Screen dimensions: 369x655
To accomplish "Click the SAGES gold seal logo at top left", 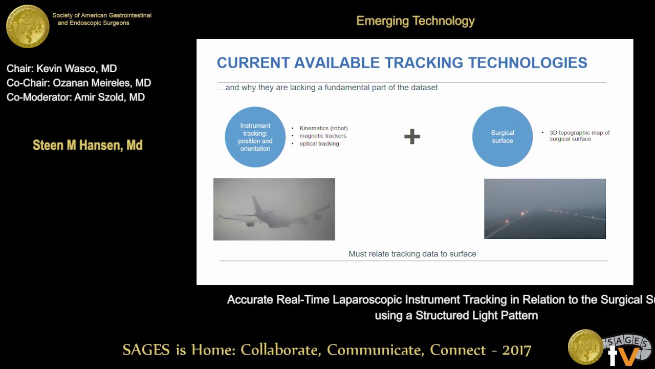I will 28,26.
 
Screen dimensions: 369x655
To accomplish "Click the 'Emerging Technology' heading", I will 415,21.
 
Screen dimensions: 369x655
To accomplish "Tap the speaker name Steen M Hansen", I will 88,146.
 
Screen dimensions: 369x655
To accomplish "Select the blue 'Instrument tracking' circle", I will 255,137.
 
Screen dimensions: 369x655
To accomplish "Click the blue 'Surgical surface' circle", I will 502,137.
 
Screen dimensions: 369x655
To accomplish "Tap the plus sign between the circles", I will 412,136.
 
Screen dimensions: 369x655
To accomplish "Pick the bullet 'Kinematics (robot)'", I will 323,128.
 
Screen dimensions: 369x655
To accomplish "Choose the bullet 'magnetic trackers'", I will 322,136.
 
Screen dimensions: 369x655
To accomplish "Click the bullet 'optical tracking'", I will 319,143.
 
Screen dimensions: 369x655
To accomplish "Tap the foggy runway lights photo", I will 544,209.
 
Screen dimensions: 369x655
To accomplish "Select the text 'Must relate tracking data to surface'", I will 412,254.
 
